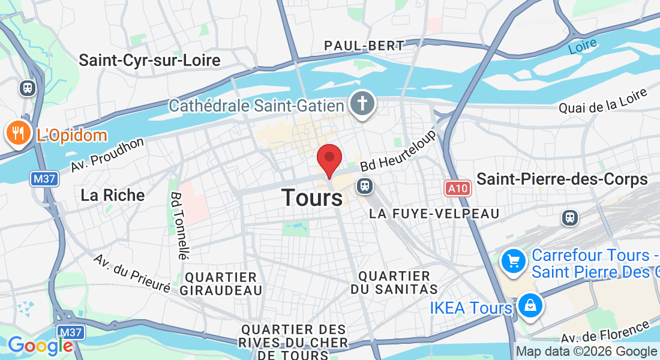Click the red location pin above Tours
(329, 160)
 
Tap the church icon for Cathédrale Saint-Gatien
(362, 104)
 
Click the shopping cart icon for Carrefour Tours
(514, 261)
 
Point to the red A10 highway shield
(458, 188)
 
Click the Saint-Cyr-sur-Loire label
(149, 60)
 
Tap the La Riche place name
(113, 195)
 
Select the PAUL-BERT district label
(364, 46)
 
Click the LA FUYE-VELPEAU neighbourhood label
(434, 214)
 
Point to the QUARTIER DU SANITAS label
(394, 283)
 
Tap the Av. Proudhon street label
(107, 155)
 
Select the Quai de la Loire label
(603, 101)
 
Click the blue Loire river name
(583, 46)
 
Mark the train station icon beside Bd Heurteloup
(364, 185)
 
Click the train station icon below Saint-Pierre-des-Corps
(569, 217)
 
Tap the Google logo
(40, 346)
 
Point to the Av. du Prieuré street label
(132, 274)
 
